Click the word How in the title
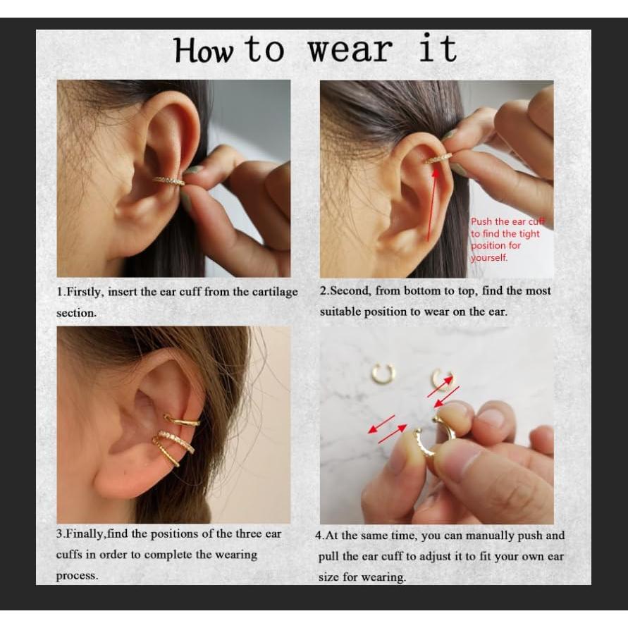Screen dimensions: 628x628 coord(204,51)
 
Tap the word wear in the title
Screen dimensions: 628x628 coord(351,51)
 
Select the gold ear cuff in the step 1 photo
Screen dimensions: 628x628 coord(169,180)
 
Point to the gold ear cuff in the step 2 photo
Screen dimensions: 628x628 coord(437,159)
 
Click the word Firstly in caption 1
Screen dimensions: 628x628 coord(84,292)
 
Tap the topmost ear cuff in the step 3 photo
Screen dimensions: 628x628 coord(183,421)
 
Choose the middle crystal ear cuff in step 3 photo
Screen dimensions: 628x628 coord(176,441)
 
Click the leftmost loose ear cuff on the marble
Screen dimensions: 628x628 coord(383,373)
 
